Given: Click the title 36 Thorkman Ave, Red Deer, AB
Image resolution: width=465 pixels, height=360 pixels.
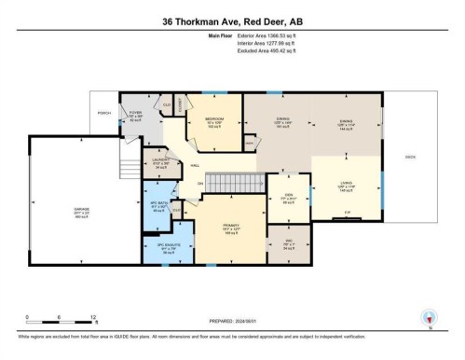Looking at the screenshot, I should pyautogui.click(x=232, y=21).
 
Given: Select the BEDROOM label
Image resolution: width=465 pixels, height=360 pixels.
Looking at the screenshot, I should pyautogui.click(x=213, y=121).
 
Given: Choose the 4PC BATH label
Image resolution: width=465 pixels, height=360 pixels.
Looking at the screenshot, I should pyautogui.click(x=159, y=205).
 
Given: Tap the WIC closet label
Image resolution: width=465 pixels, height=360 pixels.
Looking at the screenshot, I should pyautogui.click(x=288, y=244).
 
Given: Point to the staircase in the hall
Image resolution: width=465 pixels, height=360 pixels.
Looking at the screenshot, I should pyautogui.click(x=233, y=183).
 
